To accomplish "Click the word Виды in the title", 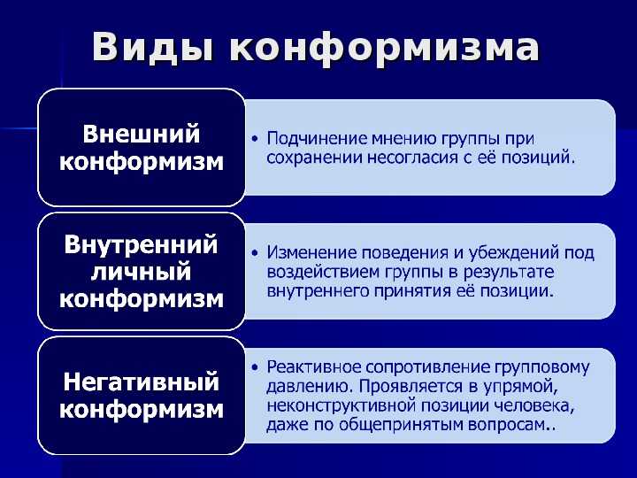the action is [x=152, y=48].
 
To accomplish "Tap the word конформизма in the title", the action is [x=384, y=48].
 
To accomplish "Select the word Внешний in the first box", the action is [x=142, y=134].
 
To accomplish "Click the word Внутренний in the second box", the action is [x=141, y=244].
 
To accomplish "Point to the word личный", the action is [x=141, y=272].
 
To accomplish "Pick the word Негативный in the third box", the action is [x=141, y=382].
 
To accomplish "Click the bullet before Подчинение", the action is [x=255, y=139].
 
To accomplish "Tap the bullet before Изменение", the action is [x=255, y=253].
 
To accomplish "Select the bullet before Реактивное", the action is [x=255, y=367].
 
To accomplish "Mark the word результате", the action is [x=509, y=273].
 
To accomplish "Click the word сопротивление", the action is [x=427, y=368].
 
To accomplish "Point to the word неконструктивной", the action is [x=341, y=406].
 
